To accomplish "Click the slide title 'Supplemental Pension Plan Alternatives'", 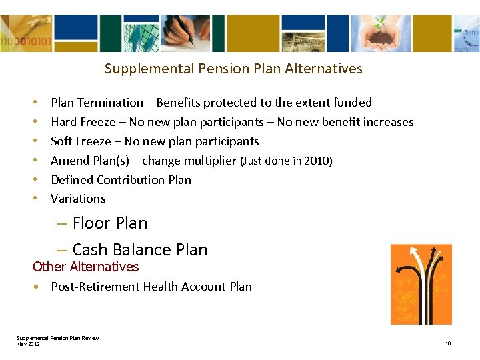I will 233,69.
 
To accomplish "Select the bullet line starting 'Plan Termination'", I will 211,103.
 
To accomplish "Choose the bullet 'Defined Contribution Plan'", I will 121,180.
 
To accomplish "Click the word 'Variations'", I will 78,199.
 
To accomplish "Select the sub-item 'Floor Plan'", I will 109,223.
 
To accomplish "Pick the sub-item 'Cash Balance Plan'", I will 139,250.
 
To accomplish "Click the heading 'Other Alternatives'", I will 85,267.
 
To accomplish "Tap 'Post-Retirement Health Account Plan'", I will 151,287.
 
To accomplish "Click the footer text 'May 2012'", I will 28,344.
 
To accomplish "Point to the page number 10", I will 448,344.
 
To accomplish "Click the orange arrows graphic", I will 421,284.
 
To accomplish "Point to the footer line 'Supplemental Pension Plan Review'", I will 57,338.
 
